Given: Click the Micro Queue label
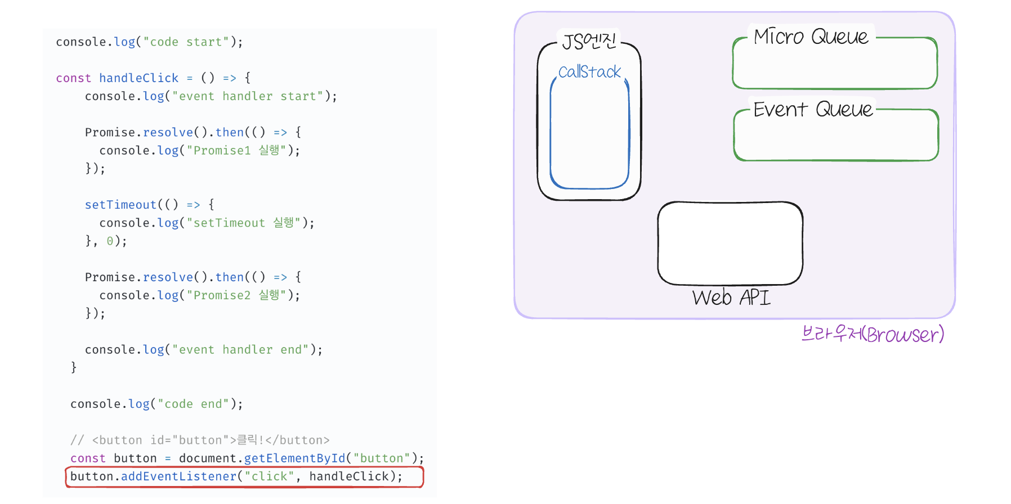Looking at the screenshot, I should pos(811,37).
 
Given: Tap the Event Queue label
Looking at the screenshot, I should pos(813,109).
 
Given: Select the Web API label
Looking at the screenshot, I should pos(731,297).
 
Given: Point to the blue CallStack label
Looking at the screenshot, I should pos(589,72).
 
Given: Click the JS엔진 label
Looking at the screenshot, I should pos(589,41).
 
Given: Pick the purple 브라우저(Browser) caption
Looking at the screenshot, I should pos(873,334).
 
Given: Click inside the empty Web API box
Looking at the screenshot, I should pos(730,243).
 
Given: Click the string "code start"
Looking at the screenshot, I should pos(186,42).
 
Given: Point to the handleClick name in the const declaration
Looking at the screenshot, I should pos(138,78).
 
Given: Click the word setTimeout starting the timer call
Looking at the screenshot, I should pos(120,205).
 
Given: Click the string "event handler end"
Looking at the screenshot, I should pos(240,350).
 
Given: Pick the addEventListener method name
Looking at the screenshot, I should pos(179,476).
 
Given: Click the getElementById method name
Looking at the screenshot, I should pos(294,458).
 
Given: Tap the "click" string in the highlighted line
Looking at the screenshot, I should pos(269,476).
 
